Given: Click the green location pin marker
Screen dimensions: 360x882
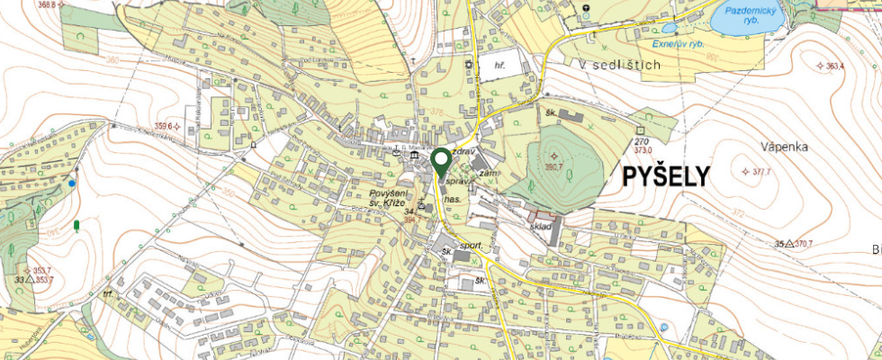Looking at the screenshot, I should click(441, 162).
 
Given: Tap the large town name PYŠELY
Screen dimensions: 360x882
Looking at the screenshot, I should click(666, 177).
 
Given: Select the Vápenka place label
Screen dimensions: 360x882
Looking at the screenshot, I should click(759, 146).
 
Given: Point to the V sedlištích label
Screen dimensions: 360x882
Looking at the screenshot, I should click(620, 65).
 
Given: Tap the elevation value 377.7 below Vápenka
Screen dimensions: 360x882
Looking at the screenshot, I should click(761, 171).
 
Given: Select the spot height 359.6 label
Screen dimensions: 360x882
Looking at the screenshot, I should click(163, 126).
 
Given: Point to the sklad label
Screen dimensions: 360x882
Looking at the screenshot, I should click(540, 229).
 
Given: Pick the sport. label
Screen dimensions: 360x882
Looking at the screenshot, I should click(472, 245).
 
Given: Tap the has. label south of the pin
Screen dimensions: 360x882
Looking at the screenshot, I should click(453, 197).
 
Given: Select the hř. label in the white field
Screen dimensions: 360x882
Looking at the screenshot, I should click(502, 66).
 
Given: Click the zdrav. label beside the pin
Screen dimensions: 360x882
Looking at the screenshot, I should click(463, 153).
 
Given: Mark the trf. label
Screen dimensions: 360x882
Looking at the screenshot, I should click(110, 294).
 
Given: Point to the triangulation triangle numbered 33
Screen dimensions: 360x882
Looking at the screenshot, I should click(30, 280).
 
